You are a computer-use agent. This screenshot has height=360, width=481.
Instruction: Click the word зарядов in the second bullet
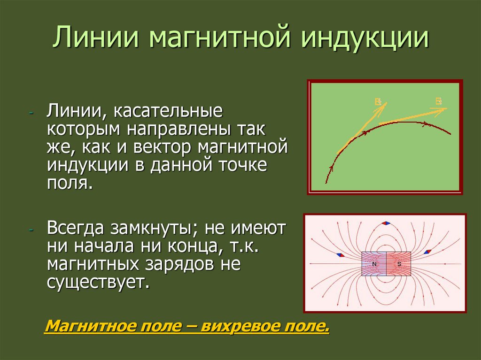[178, 264]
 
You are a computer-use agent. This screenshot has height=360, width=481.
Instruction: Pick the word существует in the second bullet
[98, 282]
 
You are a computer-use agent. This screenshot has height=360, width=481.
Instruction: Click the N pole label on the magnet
[374, 264]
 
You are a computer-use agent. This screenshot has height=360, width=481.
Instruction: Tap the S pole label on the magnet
[399, 264]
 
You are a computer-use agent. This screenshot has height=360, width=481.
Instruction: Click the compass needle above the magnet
[386, 223]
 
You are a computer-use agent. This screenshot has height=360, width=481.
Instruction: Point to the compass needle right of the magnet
[427, 252]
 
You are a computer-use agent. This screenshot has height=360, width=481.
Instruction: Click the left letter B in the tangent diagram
[378, 101]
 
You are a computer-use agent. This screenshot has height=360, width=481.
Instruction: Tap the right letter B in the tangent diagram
[439, 100]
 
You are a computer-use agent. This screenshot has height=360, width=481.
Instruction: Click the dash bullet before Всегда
[31, 230]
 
